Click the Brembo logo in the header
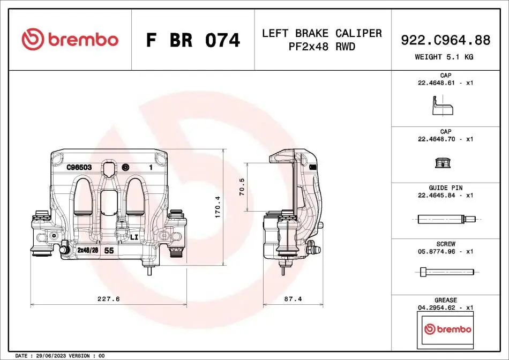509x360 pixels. pos(70,39)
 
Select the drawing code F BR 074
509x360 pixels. pos(193,40)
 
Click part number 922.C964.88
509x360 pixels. pos(445,40)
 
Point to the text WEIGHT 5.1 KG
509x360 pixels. pos(444,57)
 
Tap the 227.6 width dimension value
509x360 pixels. pos(108,298)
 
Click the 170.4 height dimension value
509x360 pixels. pos(218,207)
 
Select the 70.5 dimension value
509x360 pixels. pos(242,186)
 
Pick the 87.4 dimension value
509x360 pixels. pos(293,298)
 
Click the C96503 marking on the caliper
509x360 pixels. pos(79,167)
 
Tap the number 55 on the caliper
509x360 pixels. pos(109,250)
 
